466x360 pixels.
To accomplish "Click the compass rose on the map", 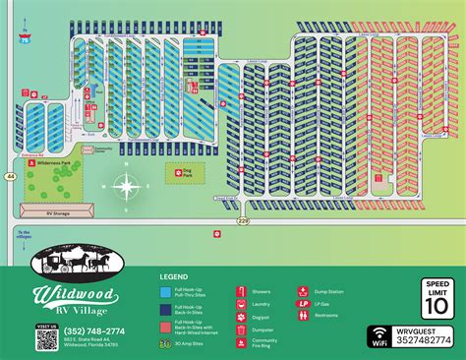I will coord(126,185).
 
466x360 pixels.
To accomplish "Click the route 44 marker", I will coord(8,174).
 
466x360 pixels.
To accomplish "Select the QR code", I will coord(47,338).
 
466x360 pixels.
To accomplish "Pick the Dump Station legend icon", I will coord(303,292).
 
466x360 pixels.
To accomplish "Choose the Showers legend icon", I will coord(240,292).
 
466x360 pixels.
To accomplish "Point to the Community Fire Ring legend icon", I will coord(240,342).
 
